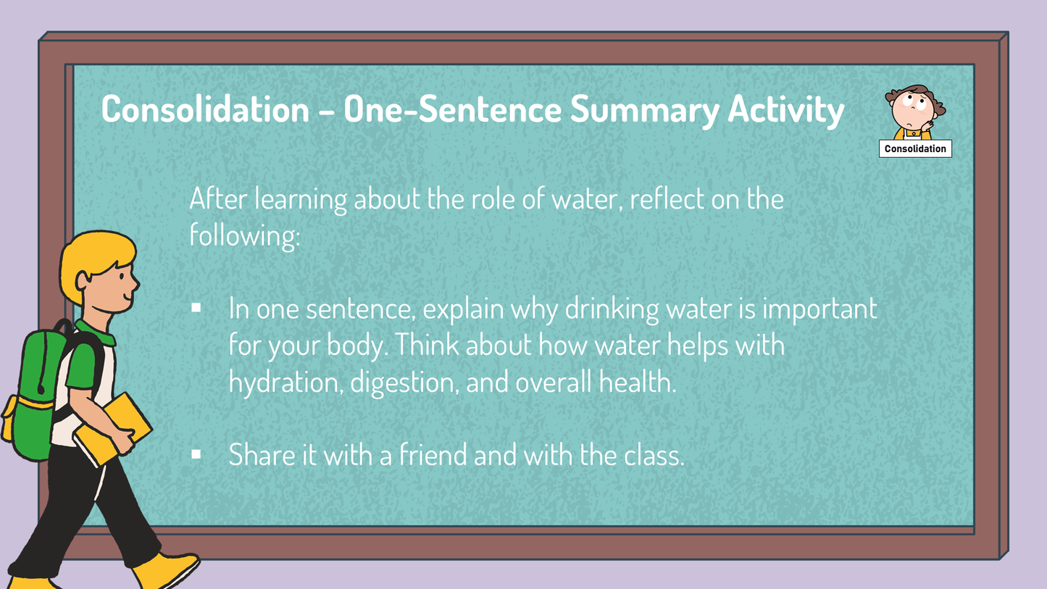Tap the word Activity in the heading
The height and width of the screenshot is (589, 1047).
785,109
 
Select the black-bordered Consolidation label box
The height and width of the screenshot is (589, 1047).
915,149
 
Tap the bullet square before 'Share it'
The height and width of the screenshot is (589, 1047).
196,454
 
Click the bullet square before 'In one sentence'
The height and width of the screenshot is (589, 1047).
196,308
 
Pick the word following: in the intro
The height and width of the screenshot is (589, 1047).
244,235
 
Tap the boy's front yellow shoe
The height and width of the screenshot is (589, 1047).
167,569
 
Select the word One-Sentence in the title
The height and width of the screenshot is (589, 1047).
452,109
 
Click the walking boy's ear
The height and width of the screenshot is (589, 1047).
85,278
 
